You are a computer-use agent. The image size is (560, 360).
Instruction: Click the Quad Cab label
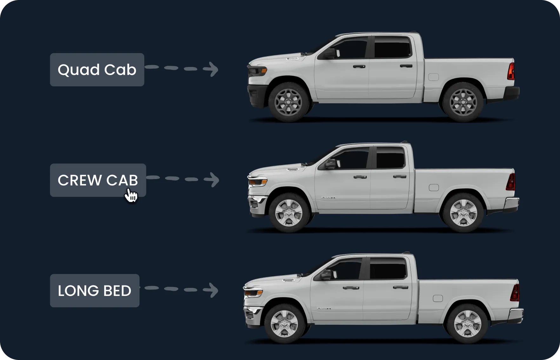tap(97, 70)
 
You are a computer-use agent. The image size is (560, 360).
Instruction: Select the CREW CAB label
tap(98, 180)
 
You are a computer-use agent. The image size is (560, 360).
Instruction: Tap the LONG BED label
tap(95, 290)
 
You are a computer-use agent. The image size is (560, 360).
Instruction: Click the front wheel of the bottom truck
tap(284, 323)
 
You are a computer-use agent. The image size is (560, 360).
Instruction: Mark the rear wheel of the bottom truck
tap(467, 323)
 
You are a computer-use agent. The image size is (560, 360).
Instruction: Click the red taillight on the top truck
tap(511, 71)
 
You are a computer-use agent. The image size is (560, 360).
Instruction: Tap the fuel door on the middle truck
tap(434, 188)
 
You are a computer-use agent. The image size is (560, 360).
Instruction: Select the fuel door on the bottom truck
tap(438, 298)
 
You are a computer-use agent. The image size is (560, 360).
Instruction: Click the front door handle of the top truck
tap(359, 67)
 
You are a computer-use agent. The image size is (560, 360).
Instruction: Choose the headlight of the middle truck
tap(257, 182)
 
